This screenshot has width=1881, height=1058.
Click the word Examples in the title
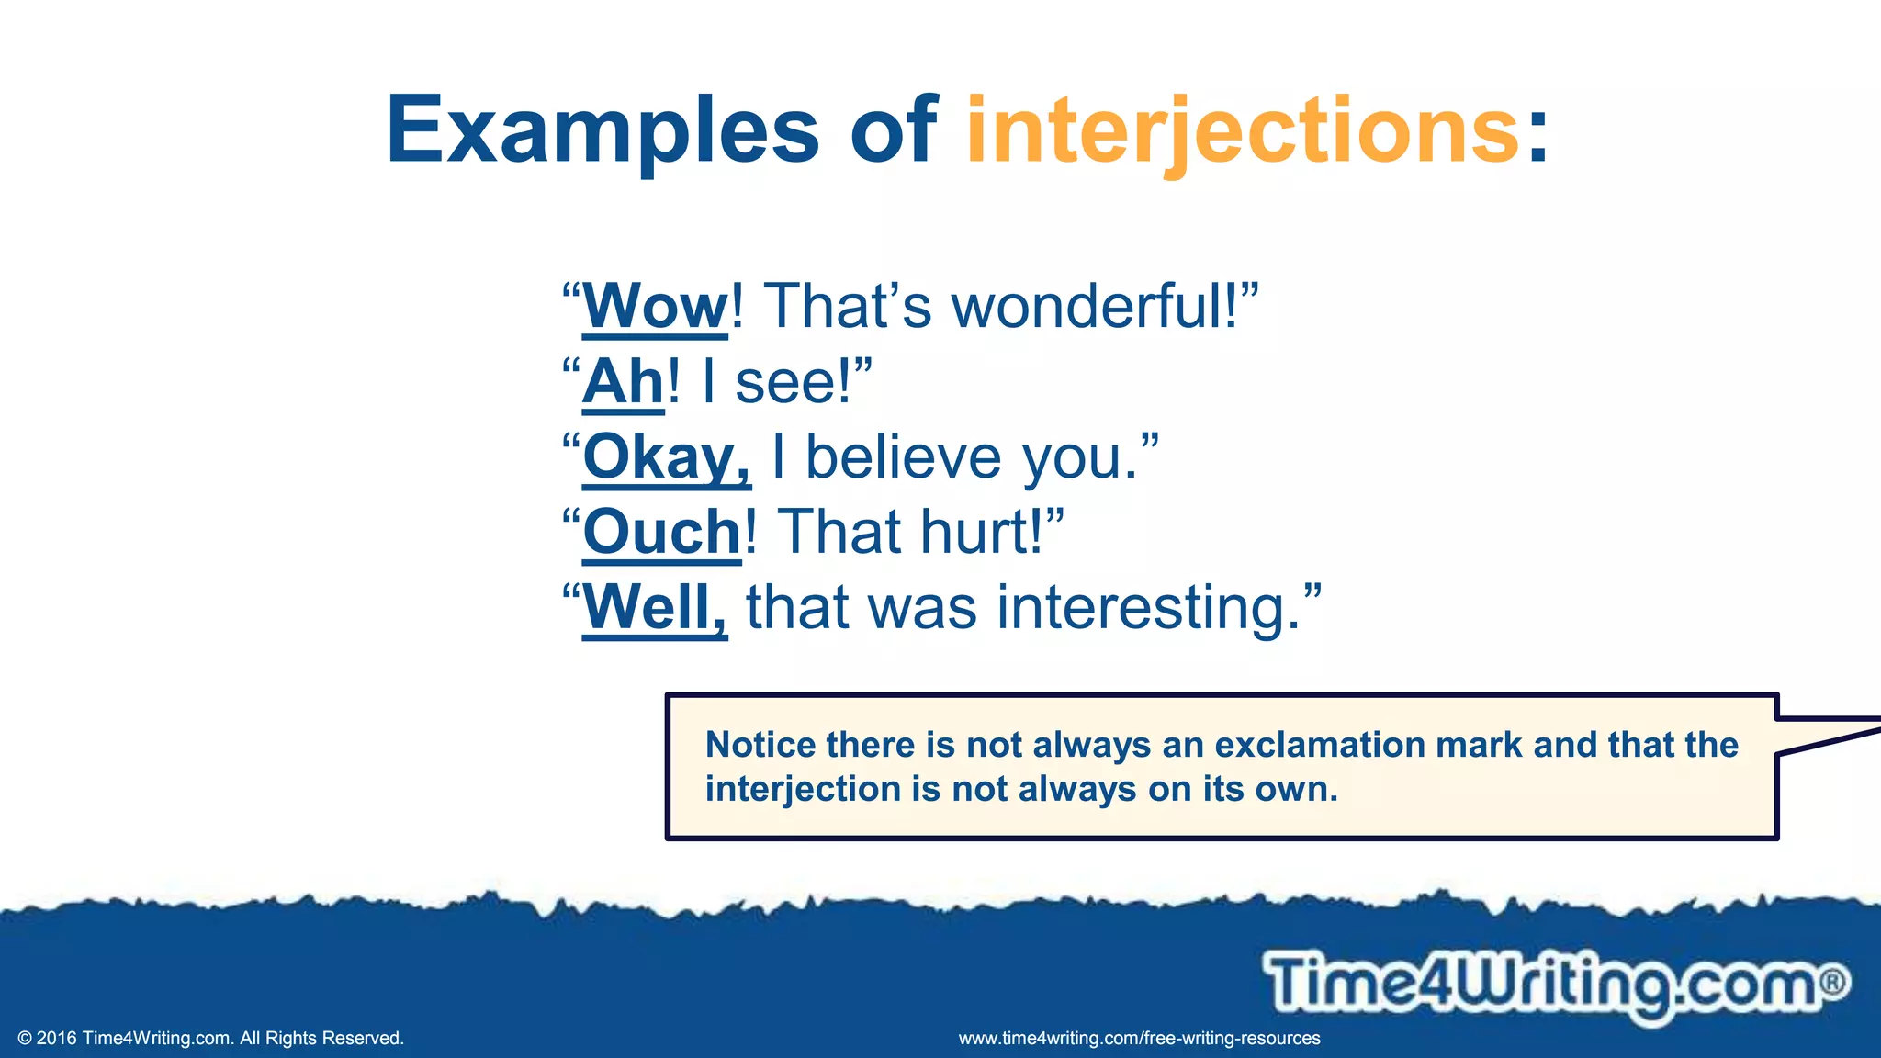602,130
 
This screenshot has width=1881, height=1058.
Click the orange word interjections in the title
1243,130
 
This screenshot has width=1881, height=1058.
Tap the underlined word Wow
655,306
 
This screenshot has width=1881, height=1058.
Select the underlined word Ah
623,381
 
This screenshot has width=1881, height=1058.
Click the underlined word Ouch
661,532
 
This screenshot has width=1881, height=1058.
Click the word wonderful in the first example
1094,306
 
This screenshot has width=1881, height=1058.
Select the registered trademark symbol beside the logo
1832,982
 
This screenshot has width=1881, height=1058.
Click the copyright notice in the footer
211,1039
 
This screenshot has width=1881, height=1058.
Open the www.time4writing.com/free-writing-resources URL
1139,1039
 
